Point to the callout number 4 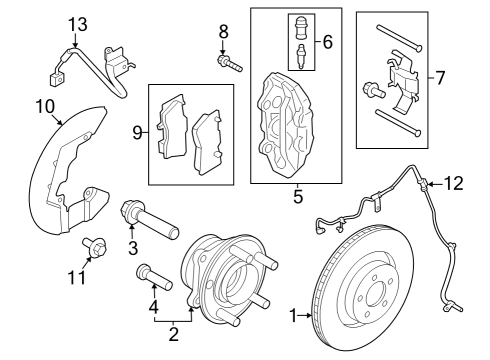pos(153,305)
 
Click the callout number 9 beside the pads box pos(138,130)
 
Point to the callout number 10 pos(45,106)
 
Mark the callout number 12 pos(455,183)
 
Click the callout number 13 pos(78,23)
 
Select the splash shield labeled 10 pos(65,180)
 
